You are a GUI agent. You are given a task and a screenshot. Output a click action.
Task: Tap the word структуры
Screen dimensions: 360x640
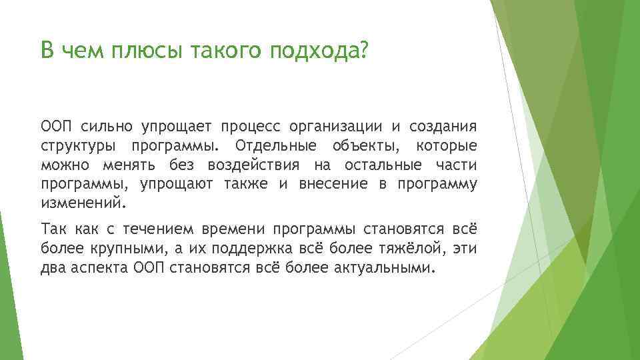point(75,146)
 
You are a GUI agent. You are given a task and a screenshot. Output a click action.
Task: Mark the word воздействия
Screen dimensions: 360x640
point(249,165)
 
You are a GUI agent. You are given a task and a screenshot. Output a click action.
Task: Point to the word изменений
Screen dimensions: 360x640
point(82,203)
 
